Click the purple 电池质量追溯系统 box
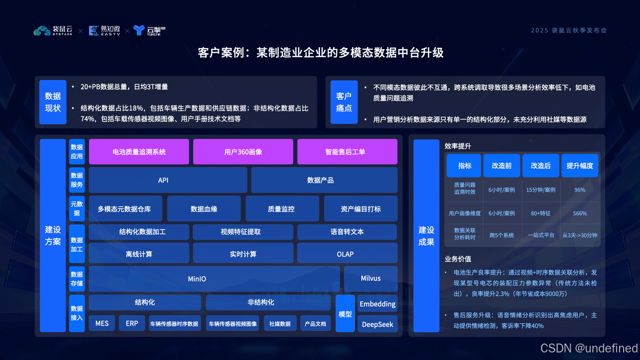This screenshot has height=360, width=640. coord(139,152)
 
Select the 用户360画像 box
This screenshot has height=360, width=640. coord(243,152)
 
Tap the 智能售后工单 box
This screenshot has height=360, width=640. coord(347,152)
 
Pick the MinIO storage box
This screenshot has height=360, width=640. coord(214,279)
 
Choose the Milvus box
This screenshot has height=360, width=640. coord(371,278)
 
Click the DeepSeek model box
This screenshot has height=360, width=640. coord(377,324)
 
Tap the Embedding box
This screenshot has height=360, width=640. coord(377,304)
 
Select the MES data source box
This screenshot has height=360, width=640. coord(102,323)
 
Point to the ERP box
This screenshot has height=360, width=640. coord(132,323)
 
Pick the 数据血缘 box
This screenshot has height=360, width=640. coord(204,209)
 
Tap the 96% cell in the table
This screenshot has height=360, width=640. coord(580,190)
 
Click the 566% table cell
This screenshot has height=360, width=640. coord(580,213)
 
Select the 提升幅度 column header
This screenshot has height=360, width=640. coord(580,166)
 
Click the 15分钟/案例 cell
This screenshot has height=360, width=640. coord(540,190)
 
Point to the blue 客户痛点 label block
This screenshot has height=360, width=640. coord(344,102)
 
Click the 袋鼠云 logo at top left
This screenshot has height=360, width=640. coord(53,30)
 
